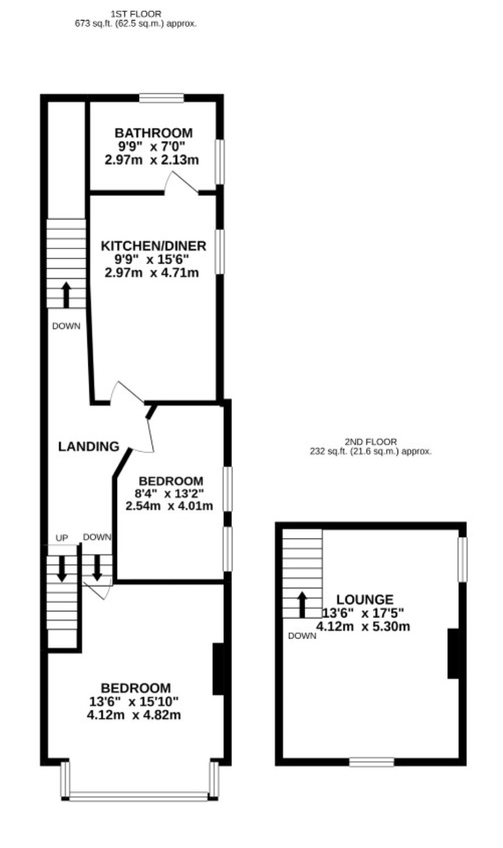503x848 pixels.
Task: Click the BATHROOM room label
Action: (153, 133)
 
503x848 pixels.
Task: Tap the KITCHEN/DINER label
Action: (153, 246)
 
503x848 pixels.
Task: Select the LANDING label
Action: (89, 446)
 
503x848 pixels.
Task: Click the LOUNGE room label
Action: (365, 599)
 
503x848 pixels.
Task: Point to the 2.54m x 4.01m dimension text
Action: (169, 506)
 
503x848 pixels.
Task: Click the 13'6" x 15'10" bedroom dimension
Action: (133, 701)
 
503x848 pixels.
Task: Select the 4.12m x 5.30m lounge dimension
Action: (363, 626)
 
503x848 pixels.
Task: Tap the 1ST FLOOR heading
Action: (136, 14)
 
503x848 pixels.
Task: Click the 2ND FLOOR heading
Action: (371, 442)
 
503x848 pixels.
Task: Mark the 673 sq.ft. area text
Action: (97, 23)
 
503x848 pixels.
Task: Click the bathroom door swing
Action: (181, 183)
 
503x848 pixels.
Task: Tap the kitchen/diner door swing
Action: (127, 392)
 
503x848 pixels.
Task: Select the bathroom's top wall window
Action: (161, 98)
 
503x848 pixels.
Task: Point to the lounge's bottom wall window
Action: (371, 762)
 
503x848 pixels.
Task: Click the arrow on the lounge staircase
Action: (301, 605)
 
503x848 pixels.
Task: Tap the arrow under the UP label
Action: (62, 569)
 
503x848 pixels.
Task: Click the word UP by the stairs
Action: (62, 538)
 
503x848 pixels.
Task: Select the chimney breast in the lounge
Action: (453, 654)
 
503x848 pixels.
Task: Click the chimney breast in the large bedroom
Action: (218, 669)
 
